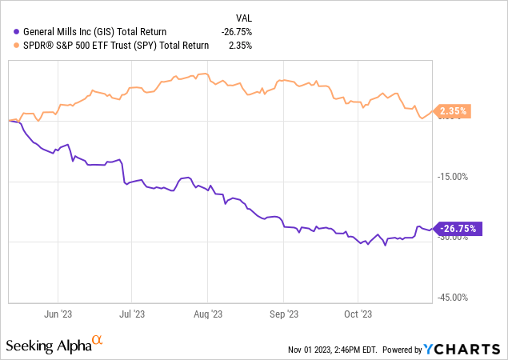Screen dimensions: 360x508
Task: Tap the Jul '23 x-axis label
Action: point(133,314)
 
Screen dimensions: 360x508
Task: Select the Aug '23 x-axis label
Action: point(207,314)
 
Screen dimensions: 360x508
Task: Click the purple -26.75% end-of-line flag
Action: point(456,228)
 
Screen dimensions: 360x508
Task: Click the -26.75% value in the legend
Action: point(237,31)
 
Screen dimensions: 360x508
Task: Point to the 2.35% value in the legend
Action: point(240,46)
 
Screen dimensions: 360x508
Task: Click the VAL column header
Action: point(243,15)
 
